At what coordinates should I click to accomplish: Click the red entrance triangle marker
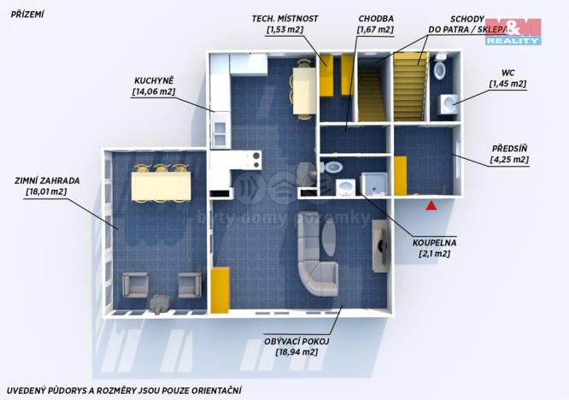pos(432,204)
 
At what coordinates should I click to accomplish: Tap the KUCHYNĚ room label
pos(155,78)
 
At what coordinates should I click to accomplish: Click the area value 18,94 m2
pos(296,351)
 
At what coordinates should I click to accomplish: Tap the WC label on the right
pos(507,72)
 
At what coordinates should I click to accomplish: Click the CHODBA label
pos(375,18)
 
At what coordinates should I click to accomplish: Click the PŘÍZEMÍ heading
pos(26,15)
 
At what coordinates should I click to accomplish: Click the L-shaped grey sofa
pos(315,261)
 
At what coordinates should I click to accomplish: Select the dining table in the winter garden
pos(160,185)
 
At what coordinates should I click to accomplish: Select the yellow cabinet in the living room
pos(220,289)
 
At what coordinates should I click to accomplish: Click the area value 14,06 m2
pos(154,91)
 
